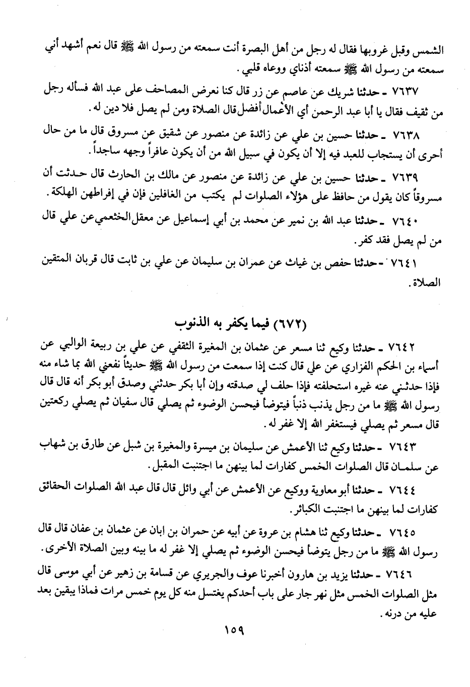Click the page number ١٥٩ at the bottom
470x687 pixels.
pos(234,629)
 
